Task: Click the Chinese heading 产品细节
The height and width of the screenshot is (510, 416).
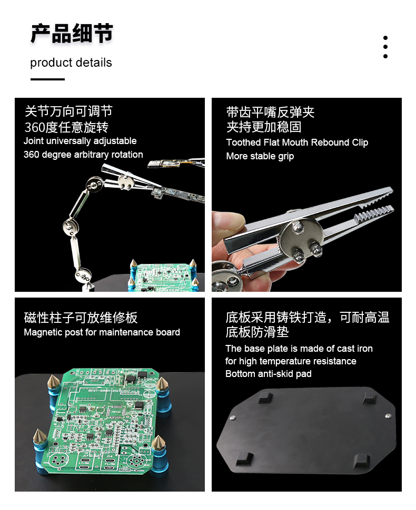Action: pyautogui.click(x=72, y=33)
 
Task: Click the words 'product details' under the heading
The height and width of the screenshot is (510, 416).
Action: pyautogui.click(x=71, y=63)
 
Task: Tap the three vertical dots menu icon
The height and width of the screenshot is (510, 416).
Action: pyautogui.click(x=385, y=47)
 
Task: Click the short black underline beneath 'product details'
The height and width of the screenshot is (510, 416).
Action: pyautogui.click(x=47, y=79)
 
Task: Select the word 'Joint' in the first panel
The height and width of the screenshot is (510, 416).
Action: pyautogui.click(x=34, y=141)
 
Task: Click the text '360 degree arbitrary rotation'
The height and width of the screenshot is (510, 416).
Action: pyautogui.click(x=83, y=155)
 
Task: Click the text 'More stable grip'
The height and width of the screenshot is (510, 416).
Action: pyautogui.click(x=260, y=157)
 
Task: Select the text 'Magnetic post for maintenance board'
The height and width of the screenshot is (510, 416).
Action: pyautogui.click(x=102, y=332)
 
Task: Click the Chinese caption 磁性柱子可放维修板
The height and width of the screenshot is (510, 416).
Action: pyautogui.click(x=81, y=318)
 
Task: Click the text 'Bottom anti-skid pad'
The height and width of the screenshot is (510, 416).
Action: pyautogui.click(x=269, y=374)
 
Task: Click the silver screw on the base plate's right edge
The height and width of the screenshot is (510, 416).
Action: pyautogui.click(x=388, y=416)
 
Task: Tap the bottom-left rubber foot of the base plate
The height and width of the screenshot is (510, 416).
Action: pyautogui.click(x=244, y=458)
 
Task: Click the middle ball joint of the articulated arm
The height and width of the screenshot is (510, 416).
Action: pyautogui.click(x=71, y=226)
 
